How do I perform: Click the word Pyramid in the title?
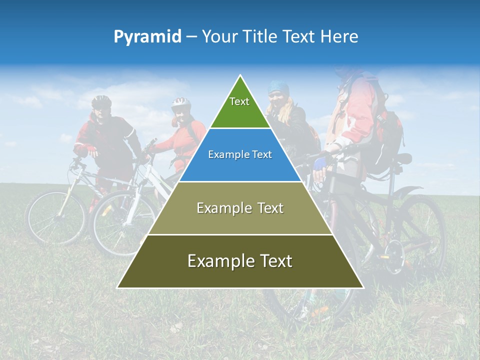pyautogui.click(x=147, y=37)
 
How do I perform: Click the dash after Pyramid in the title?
pyautogui.click(x=191, y=37)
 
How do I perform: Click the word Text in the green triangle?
pyautogui.click(x=239, y=101)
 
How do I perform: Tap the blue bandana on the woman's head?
pyautogui.click(x=278, y=87)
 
